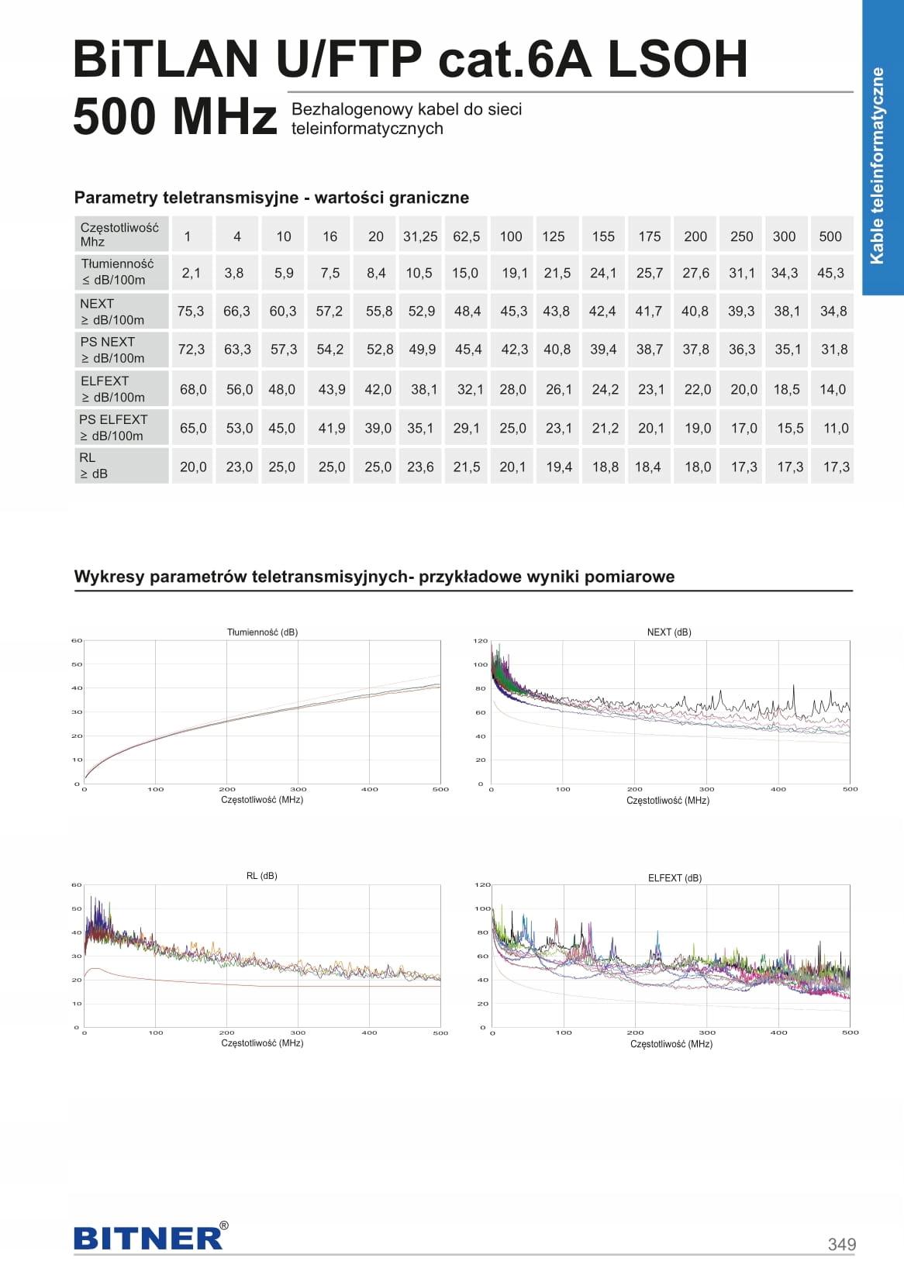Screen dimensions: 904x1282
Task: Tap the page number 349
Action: [x=842, y=1244]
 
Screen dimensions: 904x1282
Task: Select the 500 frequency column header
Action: [x=830, y=236]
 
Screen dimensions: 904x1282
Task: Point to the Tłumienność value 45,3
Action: [x=830, y=273]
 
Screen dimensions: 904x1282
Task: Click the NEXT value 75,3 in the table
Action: [x=191, y=312]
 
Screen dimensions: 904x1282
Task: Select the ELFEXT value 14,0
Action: [x=833, y=390]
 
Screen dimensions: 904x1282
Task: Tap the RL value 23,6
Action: [x=420, y=467]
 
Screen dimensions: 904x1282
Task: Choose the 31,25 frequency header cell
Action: [x=420, y=236]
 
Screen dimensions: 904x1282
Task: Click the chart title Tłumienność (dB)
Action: [x=262, y=632]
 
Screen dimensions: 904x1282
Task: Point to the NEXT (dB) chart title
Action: [x=669, y=632]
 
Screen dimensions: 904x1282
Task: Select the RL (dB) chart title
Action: [x=261, y=876]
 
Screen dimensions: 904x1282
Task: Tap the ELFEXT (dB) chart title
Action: [x=675, y=878]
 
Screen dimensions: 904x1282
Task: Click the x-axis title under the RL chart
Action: [x=262, y=1043]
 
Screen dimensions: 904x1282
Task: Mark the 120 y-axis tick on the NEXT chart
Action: [x=481, y=640]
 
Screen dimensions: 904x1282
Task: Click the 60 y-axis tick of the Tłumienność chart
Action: [x=77, y=640]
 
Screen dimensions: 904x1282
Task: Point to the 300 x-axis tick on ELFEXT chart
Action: [x=707, y=1032]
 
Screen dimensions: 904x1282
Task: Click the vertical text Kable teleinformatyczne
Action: [x=877, y=166]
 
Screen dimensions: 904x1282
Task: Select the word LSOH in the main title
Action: [x=678, y=59]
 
